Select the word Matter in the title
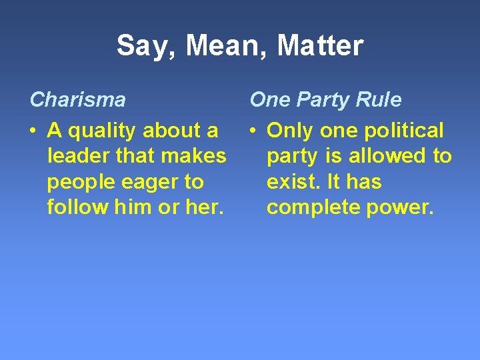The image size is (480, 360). (320, 46)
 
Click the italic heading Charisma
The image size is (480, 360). (77, 100)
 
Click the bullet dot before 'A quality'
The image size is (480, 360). (33, 131)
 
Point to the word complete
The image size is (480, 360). (313, 207)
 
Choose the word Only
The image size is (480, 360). (291, 131)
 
